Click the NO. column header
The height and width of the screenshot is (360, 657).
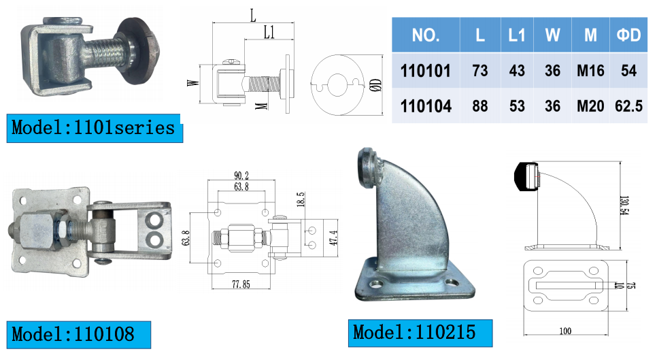426,35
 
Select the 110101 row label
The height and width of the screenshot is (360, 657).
426,70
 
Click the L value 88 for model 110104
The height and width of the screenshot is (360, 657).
480,106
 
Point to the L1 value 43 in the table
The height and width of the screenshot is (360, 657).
517,70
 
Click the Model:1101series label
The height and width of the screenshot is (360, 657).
93,127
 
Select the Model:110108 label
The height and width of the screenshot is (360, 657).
73,333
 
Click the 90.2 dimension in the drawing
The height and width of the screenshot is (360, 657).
241,175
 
